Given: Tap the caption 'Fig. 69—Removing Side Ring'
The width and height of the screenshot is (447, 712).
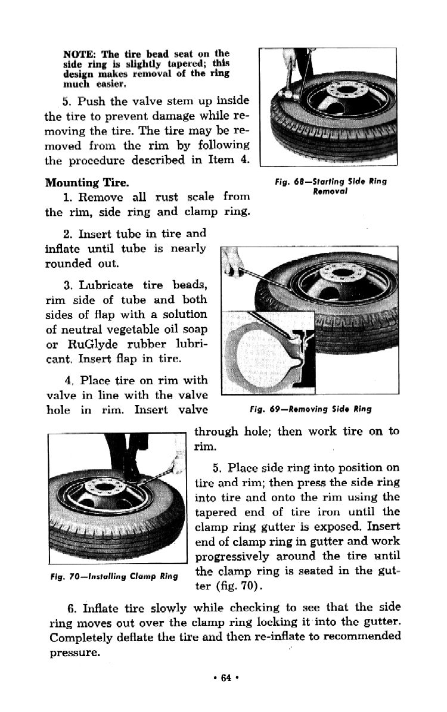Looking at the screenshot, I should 309,409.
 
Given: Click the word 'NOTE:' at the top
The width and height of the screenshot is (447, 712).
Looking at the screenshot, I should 80,53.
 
